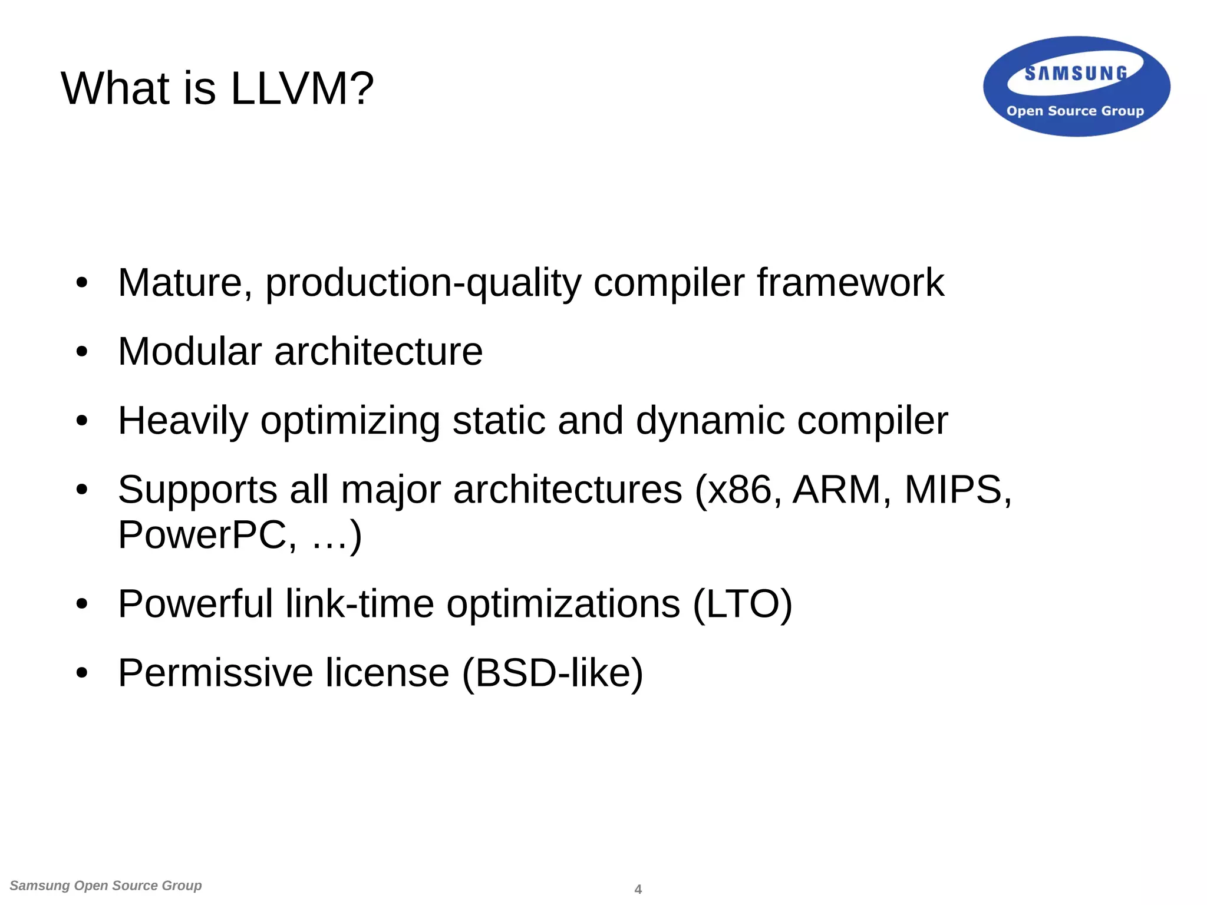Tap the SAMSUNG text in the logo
tap(1076, 74)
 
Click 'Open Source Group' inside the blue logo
tap(1075, 111)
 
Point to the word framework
tap(850, 283)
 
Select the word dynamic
tap(710, 421)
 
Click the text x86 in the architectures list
tap(739, 490)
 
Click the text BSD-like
tap(552, 673)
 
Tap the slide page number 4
tap(638, 889)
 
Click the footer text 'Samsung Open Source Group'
tap(106, 886)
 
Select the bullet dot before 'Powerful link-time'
tap(82, 604)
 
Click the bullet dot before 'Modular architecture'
tap(82, 352)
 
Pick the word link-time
tap(360, 604)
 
